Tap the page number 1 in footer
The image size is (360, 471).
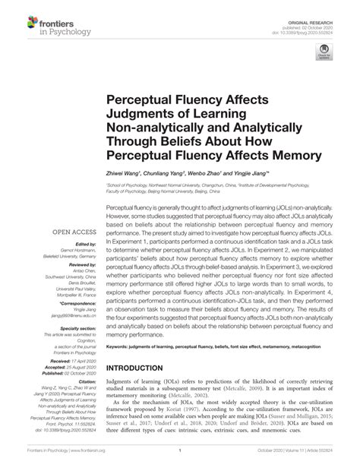[179, 460]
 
